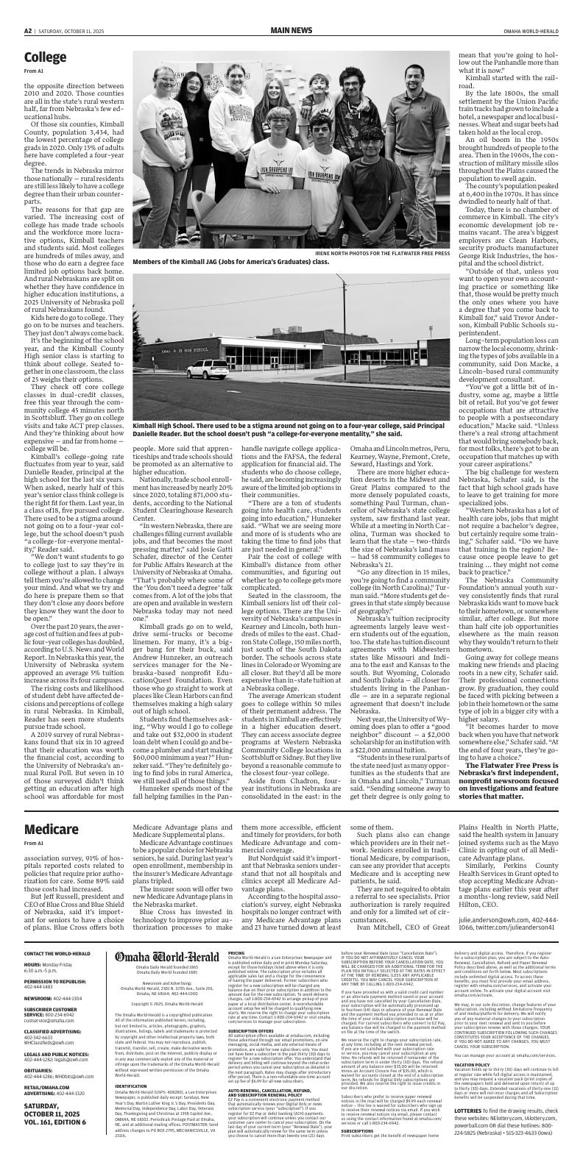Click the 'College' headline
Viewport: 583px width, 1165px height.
[x=45, y=57]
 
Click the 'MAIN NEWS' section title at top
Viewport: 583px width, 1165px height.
[x=291, y=30]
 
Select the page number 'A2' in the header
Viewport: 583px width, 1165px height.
[x=28, y=30]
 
